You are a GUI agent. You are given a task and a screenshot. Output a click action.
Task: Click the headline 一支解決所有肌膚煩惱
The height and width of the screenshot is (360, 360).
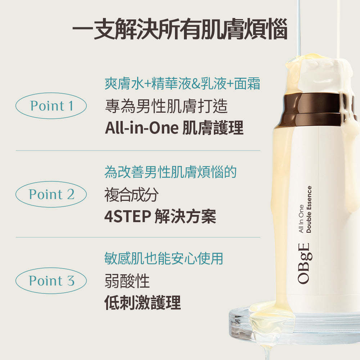click(180, 29)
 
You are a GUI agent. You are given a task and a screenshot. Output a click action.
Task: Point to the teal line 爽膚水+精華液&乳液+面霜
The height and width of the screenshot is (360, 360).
click(182, 84)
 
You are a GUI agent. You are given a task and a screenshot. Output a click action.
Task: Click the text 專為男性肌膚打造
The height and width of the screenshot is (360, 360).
click(166, 106)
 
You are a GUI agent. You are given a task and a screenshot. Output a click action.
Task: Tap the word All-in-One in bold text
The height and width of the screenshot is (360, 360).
click(141, 128)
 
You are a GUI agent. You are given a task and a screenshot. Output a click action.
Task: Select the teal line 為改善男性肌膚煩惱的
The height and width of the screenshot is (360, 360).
click(170, 172)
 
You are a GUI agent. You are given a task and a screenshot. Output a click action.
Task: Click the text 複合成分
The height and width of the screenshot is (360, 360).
click(131, 195)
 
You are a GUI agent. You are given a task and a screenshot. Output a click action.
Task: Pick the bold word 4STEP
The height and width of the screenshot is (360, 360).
click(128, 216)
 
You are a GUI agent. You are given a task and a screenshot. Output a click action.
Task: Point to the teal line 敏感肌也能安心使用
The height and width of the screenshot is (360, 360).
click(164, 258)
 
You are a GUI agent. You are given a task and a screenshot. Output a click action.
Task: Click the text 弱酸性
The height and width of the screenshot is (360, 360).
click(127, 281)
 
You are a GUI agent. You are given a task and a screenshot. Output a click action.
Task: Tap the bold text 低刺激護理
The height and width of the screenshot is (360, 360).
click(143, 303)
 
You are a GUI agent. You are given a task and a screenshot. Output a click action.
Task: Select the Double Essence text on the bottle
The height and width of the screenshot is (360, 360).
click(309, 210)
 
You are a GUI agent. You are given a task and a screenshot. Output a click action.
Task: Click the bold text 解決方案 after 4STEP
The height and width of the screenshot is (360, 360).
click(185, 216)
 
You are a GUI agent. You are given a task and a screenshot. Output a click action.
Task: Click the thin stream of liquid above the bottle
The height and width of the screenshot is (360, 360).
click(298, 28)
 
